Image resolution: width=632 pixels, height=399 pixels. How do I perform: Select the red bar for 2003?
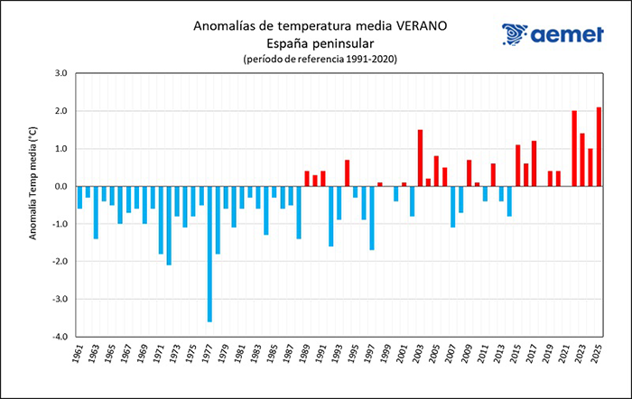[x=420, y=158]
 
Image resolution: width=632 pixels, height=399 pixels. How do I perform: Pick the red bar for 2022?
[x=574, y=148]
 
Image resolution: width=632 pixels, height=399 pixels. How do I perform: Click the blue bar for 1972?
[x=169, y=226]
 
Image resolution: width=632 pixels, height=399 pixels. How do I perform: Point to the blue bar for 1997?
[x=371, y=218]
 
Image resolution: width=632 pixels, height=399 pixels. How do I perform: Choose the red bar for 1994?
[x=347, y=172]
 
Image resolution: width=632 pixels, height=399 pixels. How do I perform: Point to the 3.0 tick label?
[x=62, y=73]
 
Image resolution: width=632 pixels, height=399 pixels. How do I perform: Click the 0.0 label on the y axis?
[x=62, y=186]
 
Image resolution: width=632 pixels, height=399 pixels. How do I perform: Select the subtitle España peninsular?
[x=315, y=42]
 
